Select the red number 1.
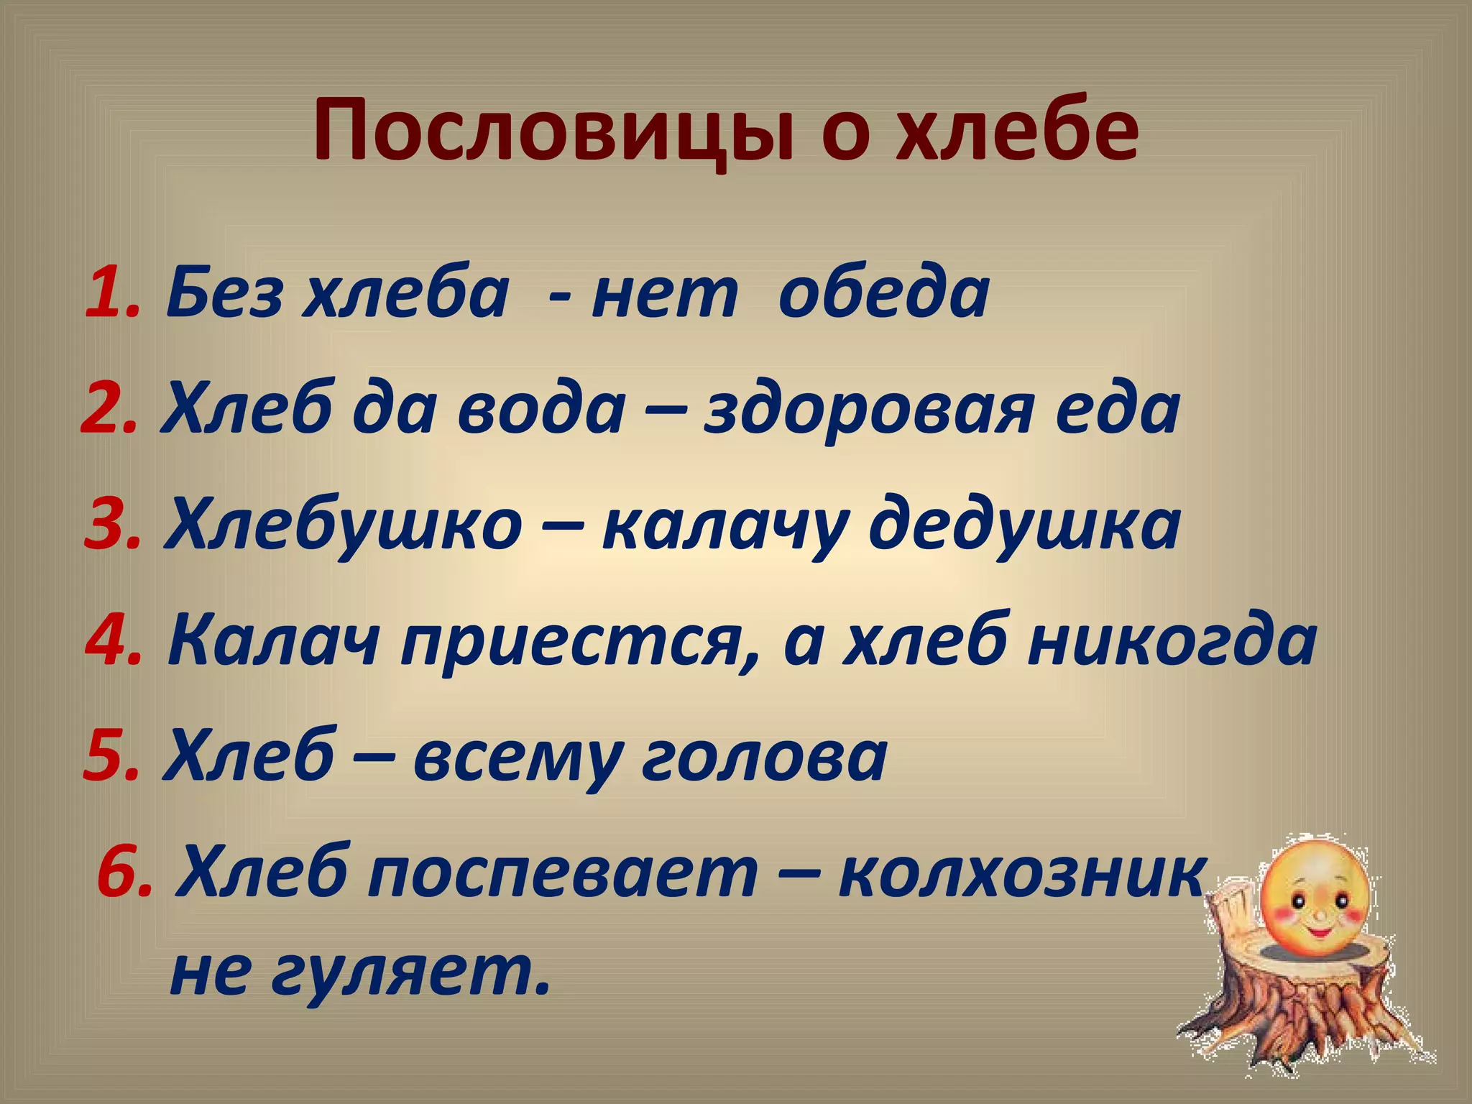(x=111, y=294)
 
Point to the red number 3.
(x=111, y=525)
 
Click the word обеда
(x=883, y=294)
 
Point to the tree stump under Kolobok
(x=1301, y=1013)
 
